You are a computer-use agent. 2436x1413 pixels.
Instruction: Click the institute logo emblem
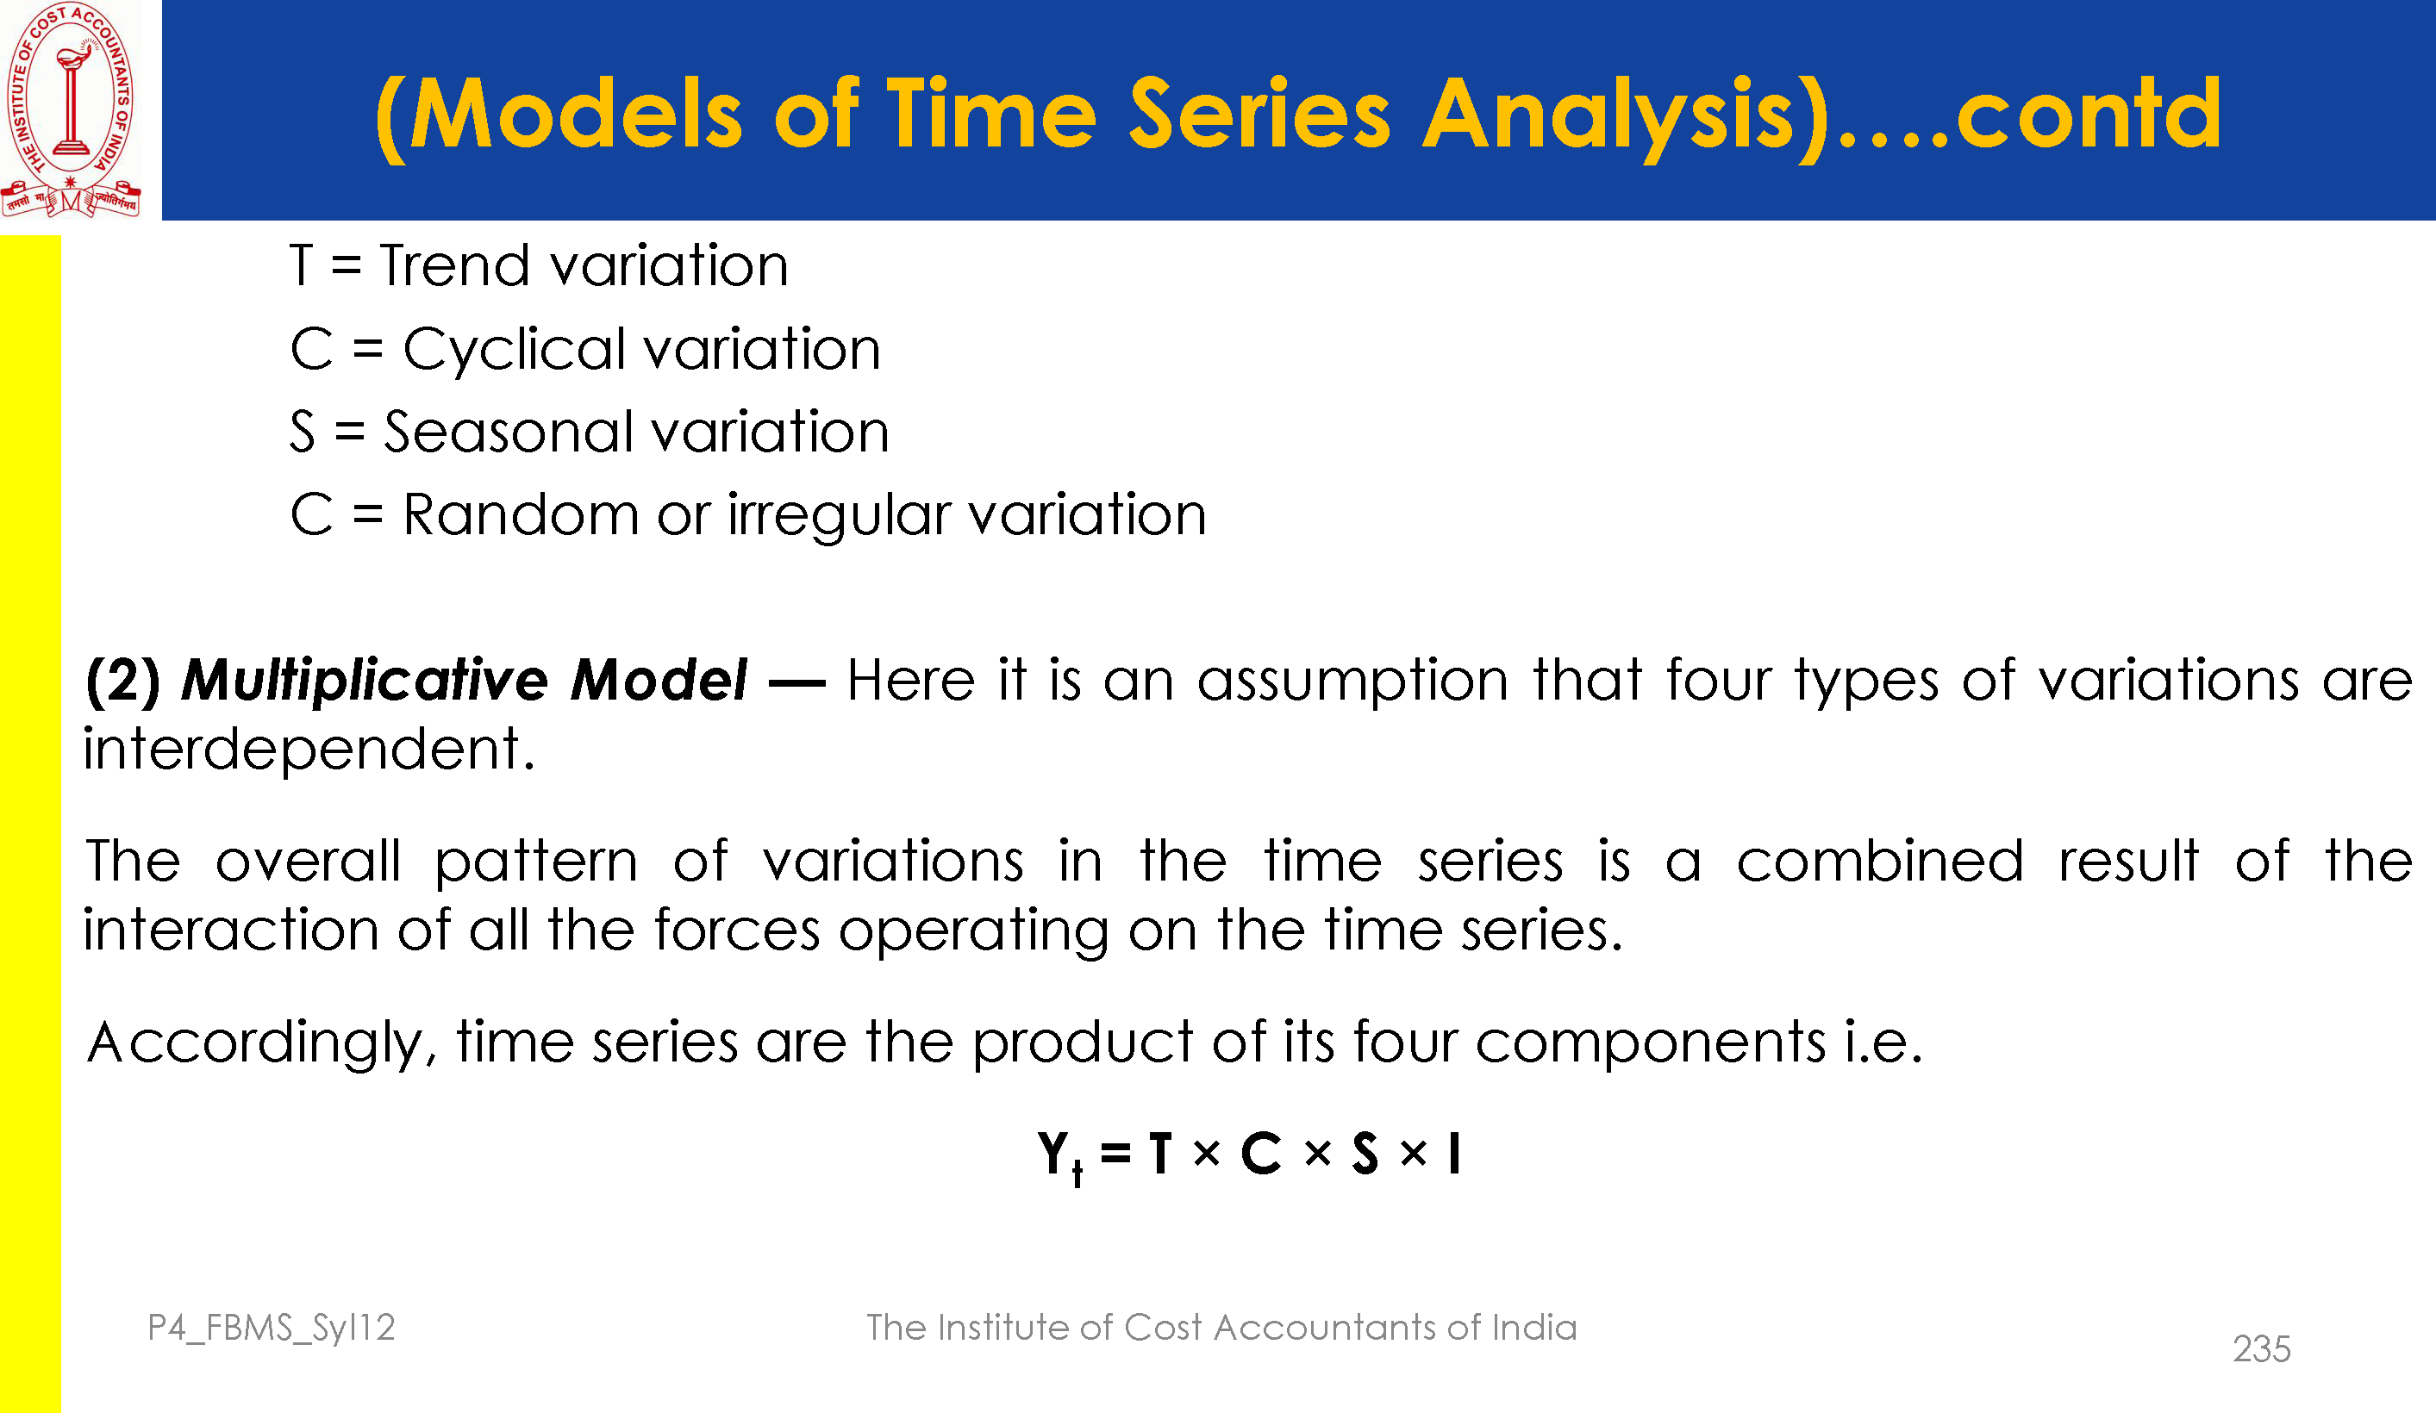click(x=71, y=109)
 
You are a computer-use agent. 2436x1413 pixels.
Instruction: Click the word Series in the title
click(x=1259, y=114)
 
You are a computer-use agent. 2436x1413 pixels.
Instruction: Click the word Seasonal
click(x=508, y=431)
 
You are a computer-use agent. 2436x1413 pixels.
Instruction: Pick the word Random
click(x=521, y=514)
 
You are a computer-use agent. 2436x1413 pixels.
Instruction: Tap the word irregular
click(x=839, y=516)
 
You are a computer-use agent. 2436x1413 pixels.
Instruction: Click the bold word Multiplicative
click(x=366, y=681)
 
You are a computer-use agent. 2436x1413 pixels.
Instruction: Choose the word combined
click(x=1879, y=860)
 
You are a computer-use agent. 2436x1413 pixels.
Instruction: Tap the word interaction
click(x=231, y=930)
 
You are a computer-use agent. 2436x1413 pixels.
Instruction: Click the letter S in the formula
click(x=1365, y=1153)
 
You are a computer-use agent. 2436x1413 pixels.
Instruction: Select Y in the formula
click(x=1052, y=1153)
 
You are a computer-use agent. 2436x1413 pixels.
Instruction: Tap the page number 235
click(x=2261, y=1349)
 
